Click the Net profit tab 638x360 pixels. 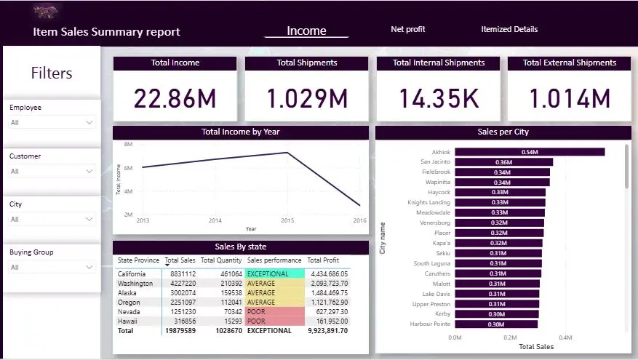pyautogui.click(x=407, y=30)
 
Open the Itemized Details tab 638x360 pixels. pyautogui.click(x=509, y=30)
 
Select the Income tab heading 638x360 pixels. pyautogui.click(x=306, y=31)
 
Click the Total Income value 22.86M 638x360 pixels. pyautogui.click(x=175, y=99)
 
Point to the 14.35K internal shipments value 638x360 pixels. pyautogui.click(x=438, y=99)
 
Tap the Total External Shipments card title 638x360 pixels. pyautogui.click(x=570, y=63)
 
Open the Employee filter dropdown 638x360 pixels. pyautogui.click(x=52, y=123)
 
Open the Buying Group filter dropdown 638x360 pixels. pyautogui.click(x=52, y=268)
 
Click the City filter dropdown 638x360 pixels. pyautogui.click(x=52, y=220)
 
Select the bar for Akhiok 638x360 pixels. pyautogui.click(x=530, y=152)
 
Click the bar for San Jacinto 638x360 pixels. pyautogui.click(x=503, y=162)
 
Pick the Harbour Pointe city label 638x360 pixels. pyautogui.click(x=431, y=324)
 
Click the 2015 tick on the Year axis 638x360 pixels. pyautogui.click(x=287, y=220)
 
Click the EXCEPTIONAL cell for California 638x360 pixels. pyautogui.click(x=274, y=274)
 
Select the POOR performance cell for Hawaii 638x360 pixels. pyautogui.click(x=274, y=321)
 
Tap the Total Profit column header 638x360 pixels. pyautogui.click(x=323, y=260)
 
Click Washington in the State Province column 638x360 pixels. pyautogui.click(x=136, y=284)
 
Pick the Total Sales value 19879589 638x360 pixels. pyautogui.click(x=180, y=330)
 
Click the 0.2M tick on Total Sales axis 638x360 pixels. pyautogui.click(x=510, y=338)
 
